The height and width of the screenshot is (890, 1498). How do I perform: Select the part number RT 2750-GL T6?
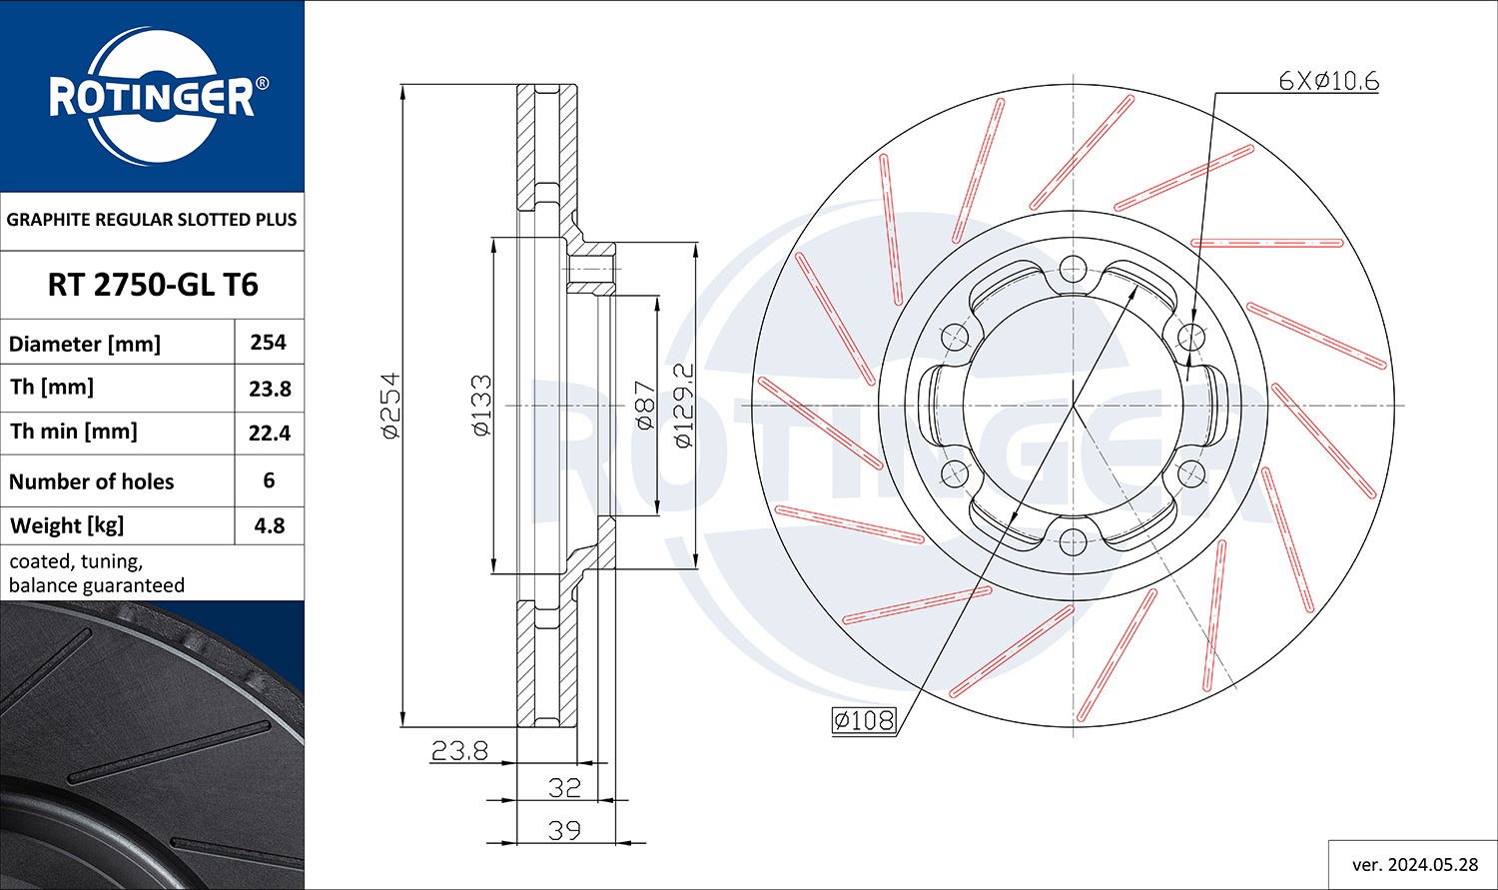pyautogui.click(x=153, y=285)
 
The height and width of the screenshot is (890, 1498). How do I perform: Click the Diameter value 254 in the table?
pyautogui.click(x=269, y=343)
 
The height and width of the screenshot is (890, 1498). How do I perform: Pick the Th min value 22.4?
pyautogui.click(x=270, y=434)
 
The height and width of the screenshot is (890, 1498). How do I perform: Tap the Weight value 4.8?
pyautogui.click(x=270, y=525)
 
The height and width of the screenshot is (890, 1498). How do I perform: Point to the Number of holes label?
pyautogui.click(x=91, y=481)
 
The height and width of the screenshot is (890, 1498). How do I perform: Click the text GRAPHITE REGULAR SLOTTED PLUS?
pyautogui.click(x=151, y=220)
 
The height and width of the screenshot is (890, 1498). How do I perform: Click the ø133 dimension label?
pyautogui.click(x=481, y=406)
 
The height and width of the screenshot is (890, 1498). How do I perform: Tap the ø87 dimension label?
pyautogui.click(x=645, y=406)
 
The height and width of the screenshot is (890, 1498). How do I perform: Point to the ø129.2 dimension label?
pyautogui.click(x=684, y=406)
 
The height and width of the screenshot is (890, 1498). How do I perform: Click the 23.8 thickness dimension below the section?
pyautogui.click(x=459, y=751)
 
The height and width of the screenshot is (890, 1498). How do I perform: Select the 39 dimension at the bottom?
pyautogui.click(x=564, y=830)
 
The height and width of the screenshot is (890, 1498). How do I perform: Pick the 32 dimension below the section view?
pyautogui.click(x=564, y=788)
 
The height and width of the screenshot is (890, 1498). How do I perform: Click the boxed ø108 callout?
pyautogui.click(x=864, y=720)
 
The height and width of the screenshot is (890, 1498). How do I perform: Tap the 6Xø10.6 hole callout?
pyautogui.click(x=1329, y=82)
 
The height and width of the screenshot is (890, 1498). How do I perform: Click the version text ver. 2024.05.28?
pyautogui.click(x=1415, y=865)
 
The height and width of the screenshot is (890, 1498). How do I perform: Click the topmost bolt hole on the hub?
pyautogui.click(x=1073, y=269)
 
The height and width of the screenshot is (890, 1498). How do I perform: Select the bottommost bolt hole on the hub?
pyautogui.click(x=1073, y=542)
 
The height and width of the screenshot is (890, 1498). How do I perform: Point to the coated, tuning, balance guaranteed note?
pyautogui.click(x=96, y=573)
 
